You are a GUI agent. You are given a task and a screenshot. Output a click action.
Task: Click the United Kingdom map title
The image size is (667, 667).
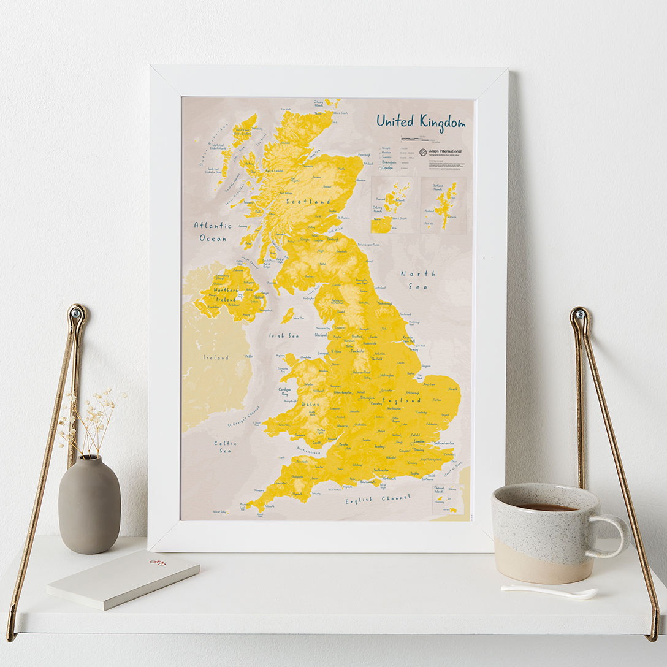click(x=421, y=121)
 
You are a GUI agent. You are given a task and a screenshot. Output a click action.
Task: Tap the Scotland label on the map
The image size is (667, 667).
click(x=309, y=201)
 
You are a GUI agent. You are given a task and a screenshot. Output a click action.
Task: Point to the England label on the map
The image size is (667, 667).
click(x=402, y=400)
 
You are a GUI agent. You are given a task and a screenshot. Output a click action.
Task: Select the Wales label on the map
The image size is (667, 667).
click(x=310, y=405)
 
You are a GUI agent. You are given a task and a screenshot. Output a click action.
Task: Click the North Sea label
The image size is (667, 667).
click(x=418, y=280)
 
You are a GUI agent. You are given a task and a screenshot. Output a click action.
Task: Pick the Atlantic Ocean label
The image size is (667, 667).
click(x=213, y=231)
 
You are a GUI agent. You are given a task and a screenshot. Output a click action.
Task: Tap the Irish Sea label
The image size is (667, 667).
click(x=284, y=336)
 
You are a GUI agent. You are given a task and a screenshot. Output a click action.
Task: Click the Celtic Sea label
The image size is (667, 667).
click(x=225, y=446)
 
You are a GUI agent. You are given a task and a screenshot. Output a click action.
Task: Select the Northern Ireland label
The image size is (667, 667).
click(x=226, y=294)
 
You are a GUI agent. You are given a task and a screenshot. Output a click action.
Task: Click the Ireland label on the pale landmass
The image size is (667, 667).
click(x=216, y=357)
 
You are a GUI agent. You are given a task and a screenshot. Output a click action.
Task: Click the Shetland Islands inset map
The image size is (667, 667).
click(x=443, y=205)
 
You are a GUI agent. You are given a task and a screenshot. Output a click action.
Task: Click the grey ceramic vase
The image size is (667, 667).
click(x=90, y=504)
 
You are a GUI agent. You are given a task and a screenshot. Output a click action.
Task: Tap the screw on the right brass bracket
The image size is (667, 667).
click(x=577, y=316)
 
